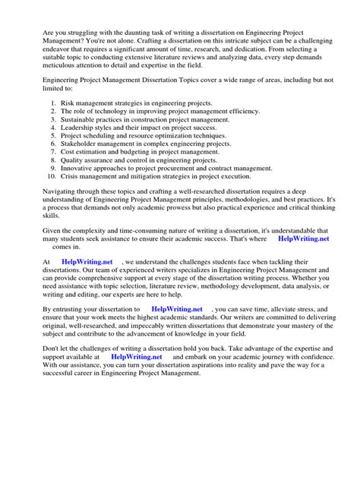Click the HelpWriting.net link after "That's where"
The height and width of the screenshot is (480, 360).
pos(304,238)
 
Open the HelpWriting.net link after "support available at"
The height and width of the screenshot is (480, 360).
pos(137,355)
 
